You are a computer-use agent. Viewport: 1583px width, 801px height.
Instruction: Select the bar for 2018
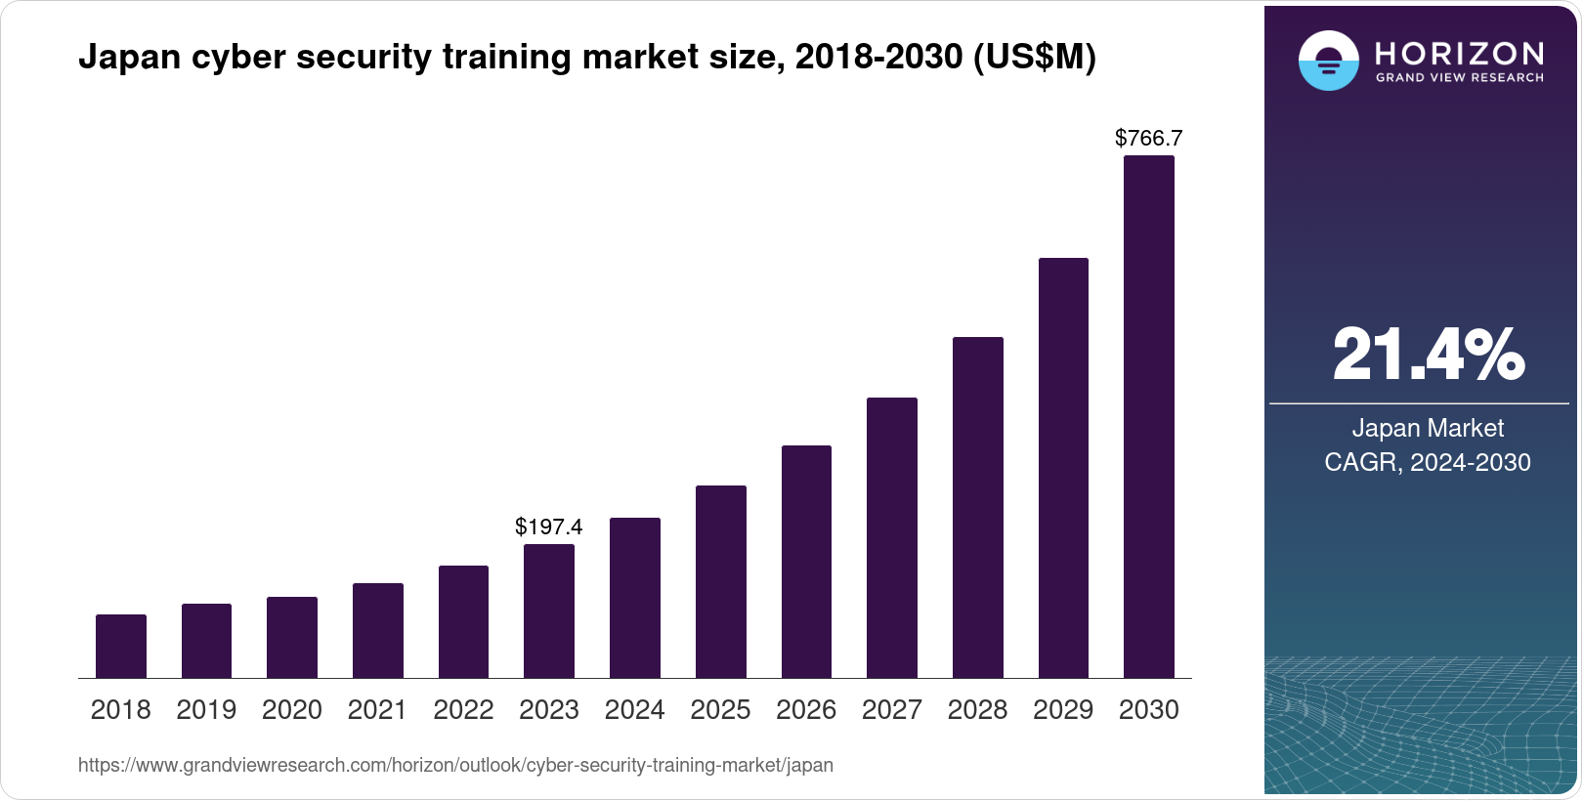click(121, 646)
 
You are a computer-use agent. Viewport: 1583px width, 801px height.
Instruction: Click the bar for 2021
click(378, 630)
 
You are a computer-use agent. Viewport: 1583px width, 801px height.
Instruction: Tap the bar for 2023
click(549, 611)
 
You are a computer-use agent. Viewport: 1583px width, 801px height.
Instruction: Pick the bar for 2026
click(806, 562)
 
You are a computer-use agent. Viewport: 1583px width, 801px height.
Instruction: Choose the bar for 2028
click(977, 507)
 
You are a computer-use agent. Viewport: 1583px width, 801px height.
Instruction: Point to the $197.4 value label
click(549, 527)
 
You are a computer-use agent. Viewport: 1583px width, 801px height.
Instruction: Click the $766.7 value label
click(1149, 139)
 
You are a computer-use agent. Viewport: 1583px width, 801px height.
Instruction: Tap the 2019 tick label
click(206, 710)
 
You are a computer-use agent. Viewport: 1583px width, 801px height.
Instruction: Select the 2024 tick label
click(635, 710)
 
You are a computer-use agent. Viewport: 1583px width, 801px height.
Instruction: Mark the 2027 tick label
click(892, 710)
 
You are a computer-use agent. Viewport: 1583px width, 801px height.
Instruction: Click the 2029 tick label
click(1063, 710)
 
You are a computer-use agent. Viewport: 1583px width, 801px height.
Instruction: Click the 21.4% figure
click(1428, 355)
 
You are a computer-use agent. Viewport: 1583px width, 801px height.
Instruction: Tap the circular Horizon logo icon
click(1328, 61)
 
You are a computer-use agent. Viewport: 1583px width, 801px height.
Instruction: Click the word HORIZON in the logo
click(1460, 53)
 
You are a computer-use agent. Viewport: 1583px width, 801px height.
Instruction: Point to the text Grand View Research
click(1460, 78)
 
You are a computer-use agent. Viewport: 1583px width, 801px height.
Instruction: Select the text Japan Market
click(1428, 429)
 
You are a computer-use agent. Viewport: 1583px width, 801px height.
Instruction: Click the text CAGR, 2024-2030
click(1428, 462)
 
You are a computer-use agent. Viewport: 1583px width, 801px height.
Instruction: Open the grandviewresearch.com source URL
click(455, 766)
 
